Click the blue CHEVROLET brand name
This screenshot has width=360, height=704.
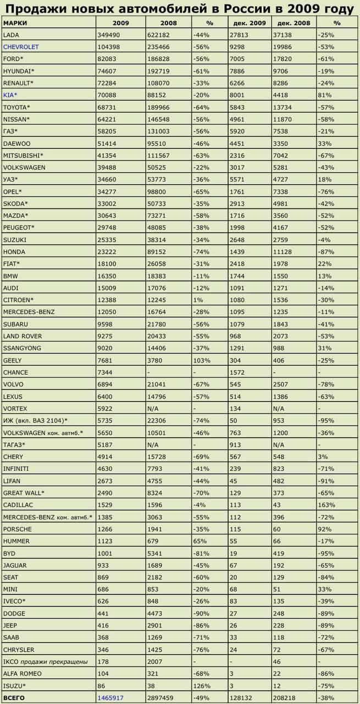point(21,47)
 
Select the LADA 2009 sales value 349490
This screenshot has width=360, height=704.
point(109,35)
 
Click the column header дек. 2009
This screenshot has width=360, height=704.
point(249,23)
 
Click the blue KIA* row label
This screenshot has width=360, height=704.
point(10,95)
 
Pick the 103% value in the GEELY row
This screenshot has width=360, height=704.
point(202,360)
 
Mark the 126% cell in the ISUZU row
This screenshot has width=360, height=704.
point(202,685)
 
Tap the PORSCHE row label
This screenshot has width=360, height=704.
point(18,529)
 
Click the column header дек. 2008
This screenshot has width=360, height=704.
point(293,23)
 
